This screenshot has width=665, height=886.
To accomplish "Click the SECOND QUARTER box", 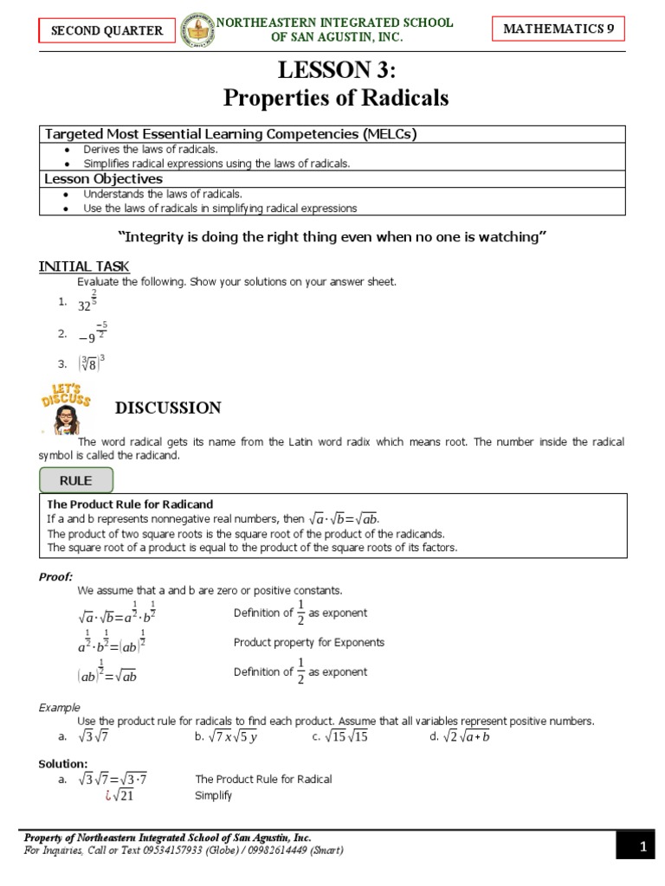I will pos(107,30).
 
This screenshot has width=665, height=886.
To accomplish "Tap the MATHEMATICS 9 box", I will pos(558,29).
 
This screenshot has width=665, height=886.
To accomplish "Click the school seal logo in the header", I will pos(197,30).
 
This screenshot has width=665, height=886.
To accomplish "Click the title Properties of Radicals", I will pos(336,98).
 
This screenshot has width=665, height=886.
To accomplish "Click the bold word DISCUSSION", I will pos(168,408).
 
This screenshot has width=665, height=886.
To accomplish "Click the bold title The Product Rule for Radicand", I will pos(130,504).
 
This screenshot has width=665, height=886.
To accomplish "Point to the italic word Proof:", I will pos(56,576).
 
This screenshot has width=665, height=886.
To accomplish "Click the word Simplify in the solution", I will pos(213,796).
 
